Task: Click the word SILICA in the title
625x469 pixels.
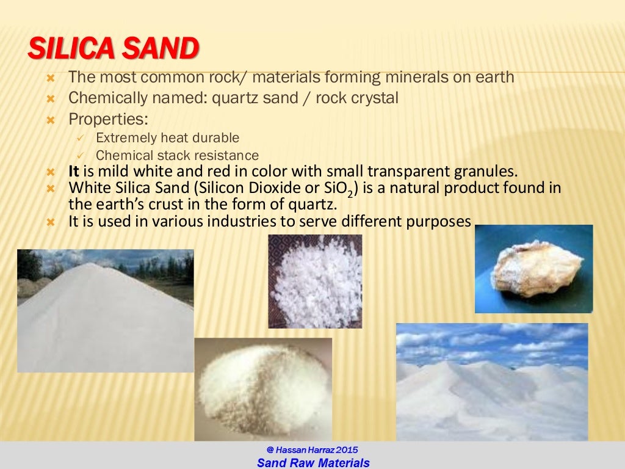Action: pos(69,49)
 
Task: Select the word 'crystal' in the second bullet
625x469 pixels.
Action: pos(376,98)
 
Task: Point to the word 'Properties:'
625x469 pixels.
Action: pos(108,118)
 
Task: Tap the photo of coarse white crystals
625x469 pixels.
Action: pos(315,281)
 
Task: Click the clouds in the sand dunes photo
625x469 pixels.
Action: pos(488,342)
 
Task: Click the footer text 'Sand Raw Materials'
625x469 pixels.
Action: pos(313,463)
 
